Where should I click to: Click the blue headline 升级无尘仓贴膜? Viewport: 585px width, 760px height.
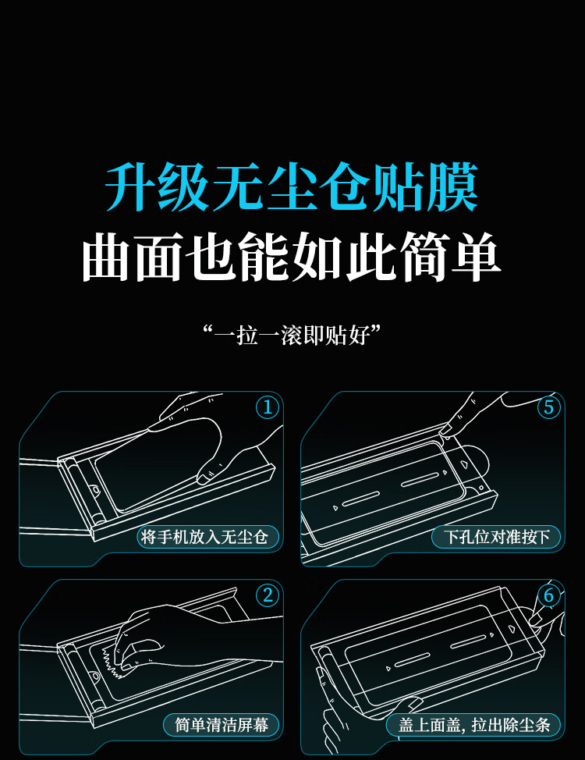292,187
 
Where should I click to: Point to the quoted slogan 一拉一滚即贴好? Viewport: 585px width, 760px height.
292,335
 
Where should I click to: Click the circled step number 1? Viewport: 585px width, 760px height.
268,407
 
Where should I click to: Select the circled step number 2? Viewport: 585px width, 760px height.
268,595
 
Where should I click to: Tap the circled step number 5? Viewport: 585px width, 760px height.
548,407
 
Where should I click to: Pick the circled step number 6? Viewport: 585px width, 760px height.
548,595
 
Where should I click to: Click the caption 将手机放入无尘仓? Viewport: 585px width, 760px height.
204,537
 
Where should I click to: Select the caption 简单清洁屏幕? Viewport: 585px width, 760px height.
222,725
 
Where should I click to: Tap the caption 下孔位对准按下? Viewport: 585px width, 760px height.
496,537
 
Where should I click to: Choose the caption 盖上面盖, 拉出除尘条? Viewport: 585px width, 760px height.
474,725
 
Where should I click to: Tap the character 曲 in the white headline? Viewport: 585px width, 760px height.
107,257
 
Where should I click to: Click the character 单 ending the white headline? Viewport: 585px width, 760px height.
476,257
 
